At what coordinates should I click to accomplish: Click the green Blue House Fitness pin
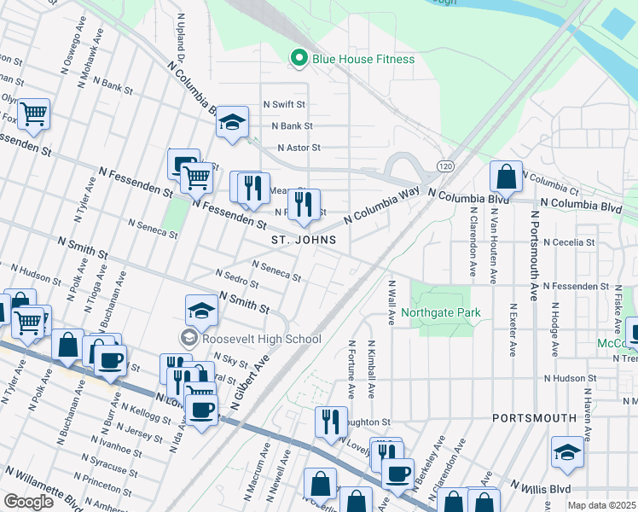pos(299,59)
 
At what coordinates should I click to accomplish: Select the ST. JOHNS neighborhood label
pos(304,241)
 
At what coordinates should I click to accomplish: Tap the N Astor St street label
pos(298,148)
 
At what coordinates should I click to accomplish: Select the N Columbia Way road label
pos(382,207)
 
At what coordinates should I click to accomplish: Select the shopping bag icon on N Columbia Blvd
pos(506,177)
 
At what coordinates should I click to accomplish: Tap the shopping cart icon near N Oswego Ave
pos(33,113)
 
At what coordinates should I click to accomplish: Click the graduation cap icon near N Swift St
pos(231,122)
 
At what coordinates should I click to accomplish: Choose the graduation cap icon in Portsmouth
pos(567,451)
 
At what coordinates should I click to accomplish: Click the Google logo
pos(28,501)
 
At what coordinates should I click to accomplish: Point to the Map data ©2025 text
pos(601,505)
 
